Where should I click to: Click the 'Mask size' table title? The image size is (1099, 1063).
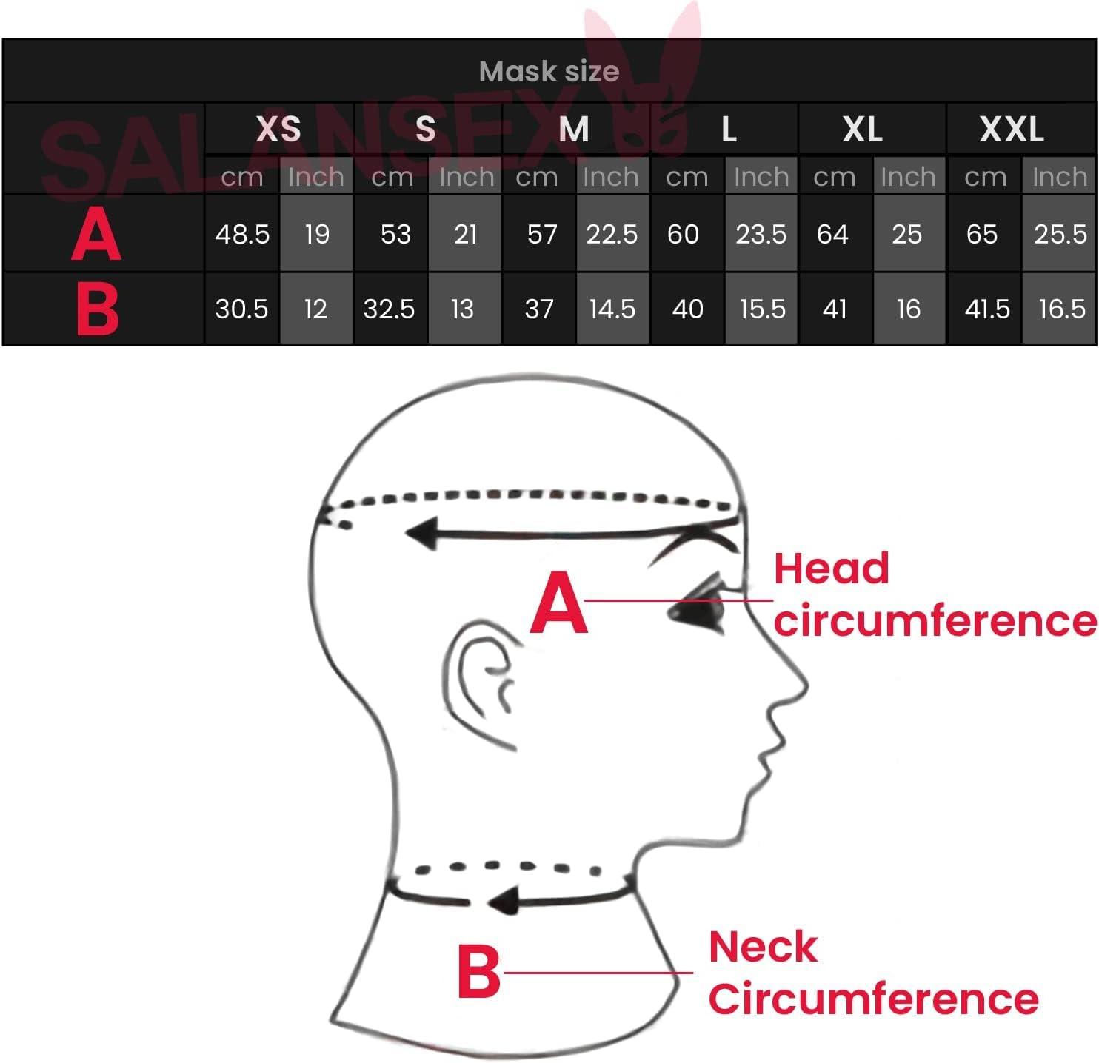[549, 72]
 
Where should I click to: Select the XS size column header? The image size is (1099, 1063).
[278, 130]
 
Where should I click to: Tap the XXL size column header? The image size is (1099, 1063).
[1012, 130]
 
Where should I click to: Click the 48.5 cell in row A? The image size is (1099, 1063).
[242, 235]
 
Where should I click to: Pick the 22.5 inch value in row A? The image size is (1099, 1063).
[612, 235]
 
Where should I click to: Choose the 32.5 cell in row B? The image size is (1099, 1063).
[389, 309]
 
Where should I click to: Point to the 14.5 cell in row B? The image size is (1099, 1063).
[612, 309]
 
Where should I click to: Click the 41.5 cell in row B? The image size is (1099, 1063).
[986, 309]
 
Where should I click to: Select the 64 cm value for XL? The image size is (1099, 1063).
[832, 235]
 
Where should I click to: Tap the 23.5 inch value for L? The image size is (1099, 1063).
[761, 235]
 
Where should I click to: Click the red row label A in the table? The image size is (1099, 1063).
[96, 235]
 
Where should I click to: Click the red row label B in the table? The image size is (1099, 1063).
[97, 309]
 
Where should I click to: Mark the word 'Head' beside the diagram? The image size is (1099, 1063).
[831, 569]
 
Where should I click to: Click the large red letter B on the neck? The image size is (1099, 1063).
[478, 970]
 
